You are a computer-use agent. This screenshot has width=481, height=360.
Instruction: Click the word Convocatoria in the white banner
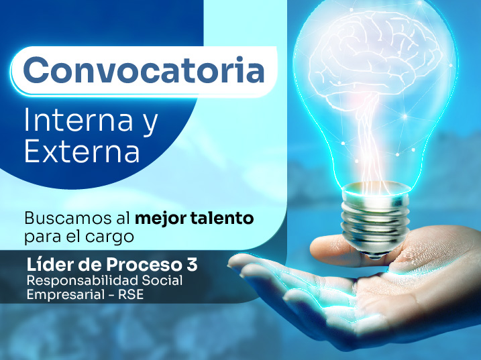point(144,70)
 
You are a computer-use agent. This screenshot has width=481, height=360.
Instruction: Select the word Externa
point(82,151)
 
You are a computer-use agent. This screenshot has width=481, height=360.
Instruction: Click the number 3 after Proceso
point(192,265)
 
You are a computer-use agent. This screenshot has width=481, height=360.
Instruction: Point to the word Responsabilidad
point(83,281)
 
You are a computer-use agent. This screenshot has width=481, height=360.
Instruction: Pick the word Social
point(162,280)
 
